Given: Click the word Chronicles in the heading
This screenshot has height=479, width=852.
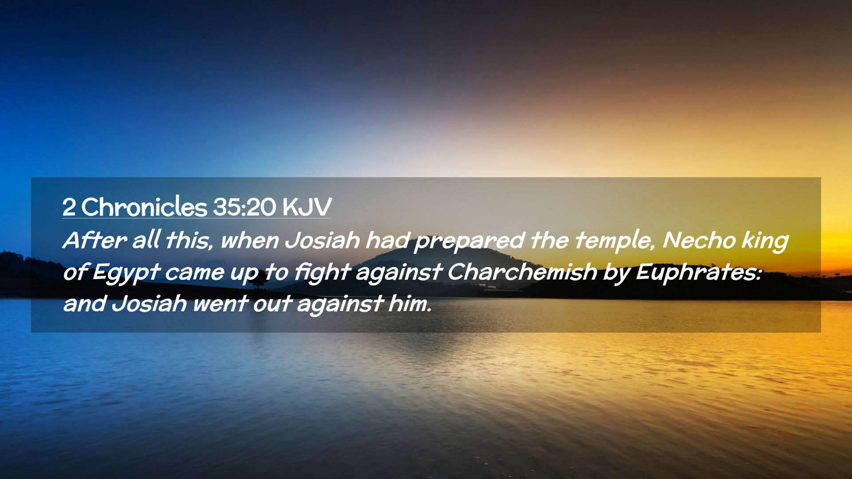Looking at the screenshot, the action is pos(144,207).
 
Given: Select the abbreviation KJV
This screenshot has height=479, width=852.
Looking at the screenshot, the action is pos(307,207).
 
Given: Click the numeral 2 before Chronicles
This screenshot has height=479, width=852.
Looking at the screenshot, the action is pos(69,207).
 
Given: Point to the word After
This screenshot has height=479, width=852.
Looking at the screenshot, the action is pos(95,240).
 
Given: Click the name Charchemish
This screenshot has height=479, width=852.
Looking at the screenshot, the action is pos(522,272).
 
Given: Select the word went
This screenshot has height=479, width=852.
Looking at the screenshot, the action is pos(220,304).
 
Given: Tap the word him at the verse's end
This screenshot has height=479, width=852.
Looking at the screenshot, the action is pos(410,303).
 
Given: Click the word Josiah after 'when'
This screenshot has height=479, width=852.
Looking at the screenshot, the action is pos(322,240).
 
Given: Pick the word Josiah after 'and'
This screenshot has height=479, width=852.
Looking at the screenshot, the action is pos(149,304).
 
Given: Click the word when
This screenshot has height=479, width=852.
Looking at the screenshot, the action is pos(250,240).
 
